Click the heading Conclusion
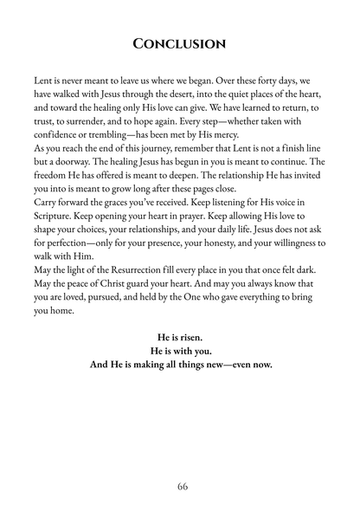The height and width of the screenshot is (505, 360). pos(180,42)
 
